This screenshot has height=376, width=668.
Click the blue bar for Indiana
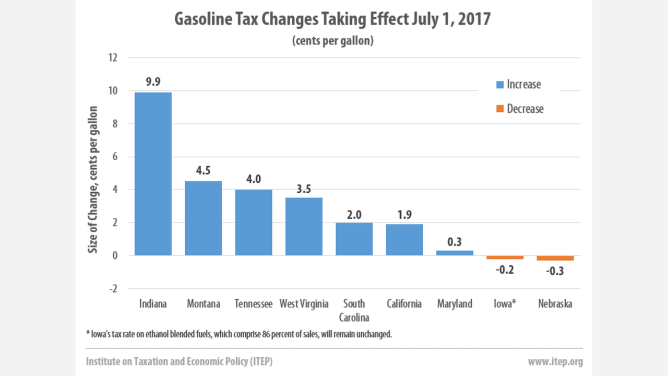[x=153, y=174]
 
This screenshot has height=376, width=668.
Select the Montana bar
[x=204, y=218]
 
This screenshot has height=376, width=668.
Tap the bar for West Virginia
[x=304, y=227]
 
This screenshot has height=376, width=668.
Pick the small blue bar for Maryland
[x=455, y=253]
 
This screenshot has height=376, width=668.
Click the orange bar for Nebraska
[x=555, y=258]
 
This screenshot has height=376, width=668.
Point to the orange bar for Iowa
[x=505, y=257]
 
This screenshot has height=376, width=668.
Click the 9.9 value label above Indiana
[x=153, y=81]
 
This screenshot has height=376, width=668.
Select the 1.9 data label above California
[x=404, y=214]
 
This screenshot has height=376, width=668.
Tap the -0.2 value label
[x=505, y=270]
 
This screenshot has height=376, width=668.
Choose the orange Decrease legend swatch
[x=499, y=109]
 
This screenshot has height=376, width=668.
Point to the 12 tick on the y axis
[x=113, y=57]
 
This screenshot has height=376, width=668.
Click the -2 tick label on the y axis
[x=112, y=289]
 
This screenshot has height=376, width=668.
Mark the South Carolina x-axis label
[x=354, y=311]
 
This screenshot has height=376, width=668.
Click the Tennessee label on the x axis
[x=254, y=304]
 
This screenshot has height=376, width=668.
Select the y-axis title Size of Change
[x=93, y=179]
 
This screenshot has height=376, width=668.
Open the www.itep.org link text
[x=555, y=361]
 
